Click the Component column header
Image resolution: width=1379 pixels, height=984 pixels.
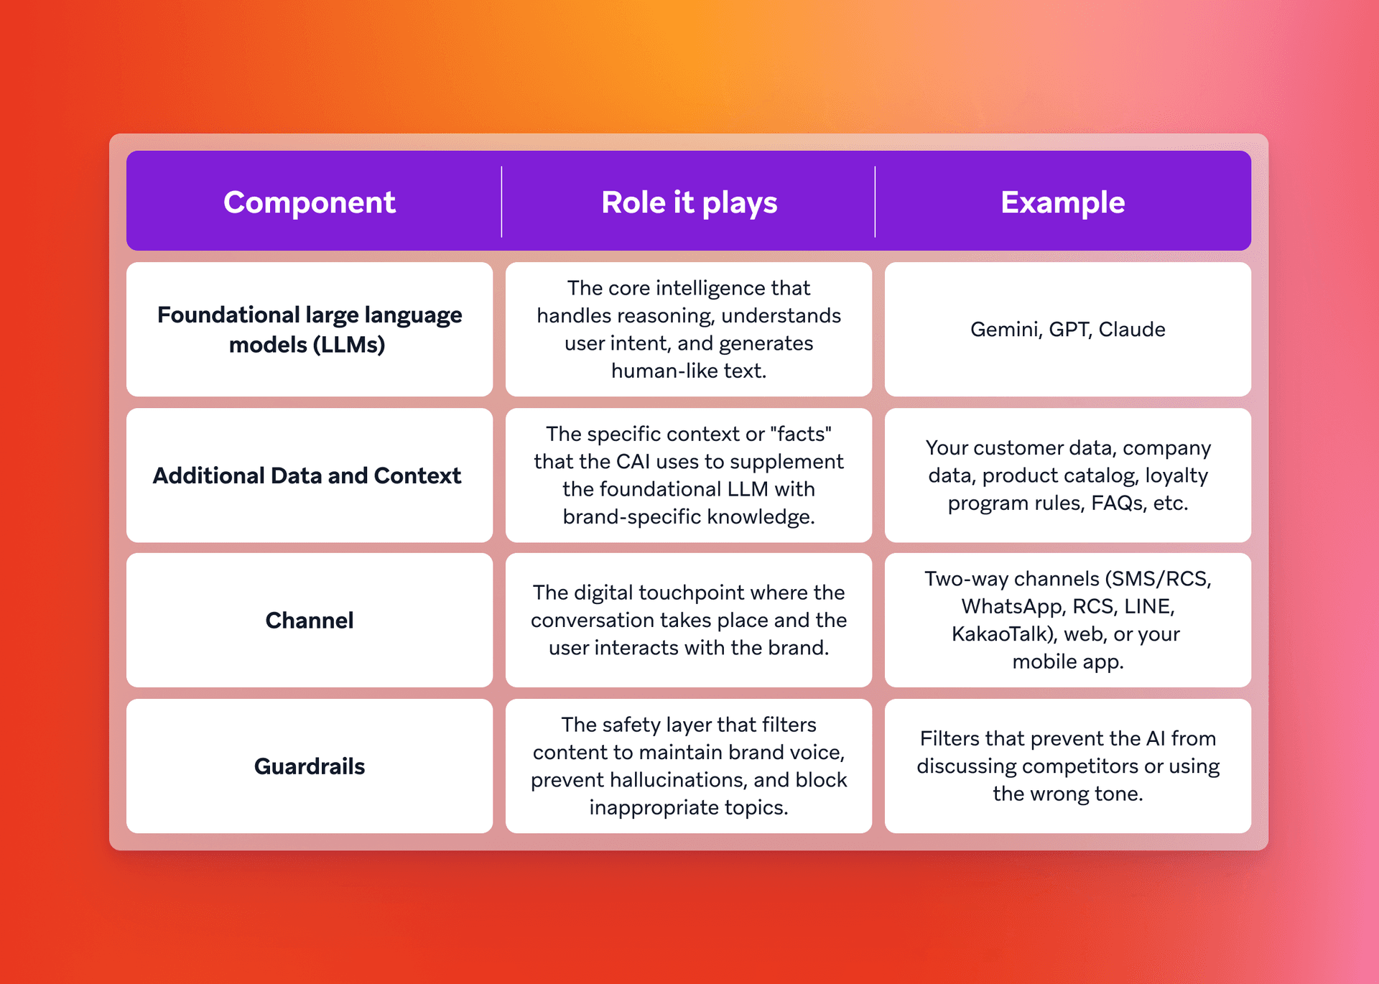point(309,203)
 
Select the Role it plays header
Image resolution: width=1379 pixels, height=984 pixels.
point(689,203)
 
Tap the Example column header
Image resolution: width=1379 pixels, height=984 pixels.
point(1062,203)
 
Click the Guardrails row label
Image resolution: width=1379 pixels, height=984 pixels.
point(310,766)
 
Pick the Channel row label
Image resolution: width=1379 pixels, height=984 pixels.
point(310,621)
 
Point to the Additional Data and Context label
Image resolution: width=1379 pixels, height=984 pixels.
point(307,475)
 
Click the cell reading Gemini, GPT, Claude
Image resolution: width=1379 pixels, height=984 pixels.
point(1067,330)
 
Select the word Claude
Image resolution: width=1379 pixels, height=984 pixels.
point(1132,330)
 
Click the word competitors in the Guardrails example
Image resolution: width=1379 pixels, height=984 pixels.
point(1082,766)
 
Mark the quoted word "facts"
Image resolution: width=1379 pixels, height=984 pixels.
point(800,435)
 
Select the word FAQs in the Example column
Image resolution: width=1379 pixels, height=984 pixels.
point(1118,503)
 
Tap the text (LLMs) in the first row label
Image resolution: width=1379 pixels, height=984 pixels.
point(349,345)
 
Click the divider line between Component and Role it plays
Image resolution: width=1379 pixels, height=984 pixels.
point(501,202)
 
